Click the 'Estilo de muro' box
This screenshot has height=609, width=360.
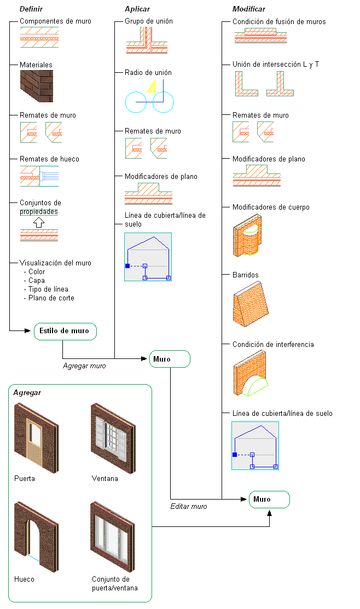click(x=65, y=331)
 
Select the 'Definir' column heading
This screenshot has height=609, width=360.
click(x=31, y=9)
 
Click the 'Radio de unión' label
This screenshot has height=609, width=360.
click(x=148, y=72)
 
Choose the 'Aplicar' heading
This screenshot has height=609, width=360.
click(x=137, y=9)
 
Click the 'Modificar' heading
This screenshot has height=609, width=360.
click(x=248, y=9)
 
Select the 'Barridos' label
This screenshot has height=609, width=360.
click(x=246, y=275)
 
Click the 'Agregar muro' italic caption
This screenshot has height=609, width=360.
click(x=84, y=366)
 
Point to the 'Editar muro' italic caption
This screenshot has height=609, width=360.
click(x=189, y=507)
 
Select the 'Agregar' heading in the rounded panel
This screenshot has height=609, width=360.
click(x=27, y=393)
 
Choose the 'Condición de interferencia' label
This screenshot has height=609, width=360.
click(x=273, y=345)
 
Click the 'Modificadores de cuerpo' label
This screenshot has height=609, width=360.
click(x=271, y=207)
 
